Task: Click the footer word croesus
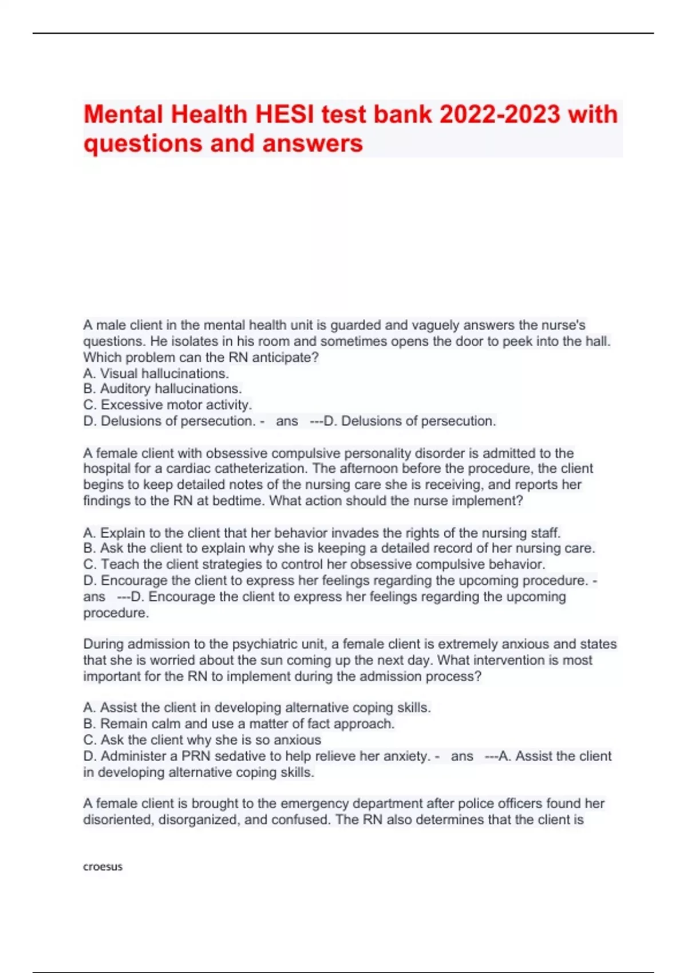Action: (x=103, y=867)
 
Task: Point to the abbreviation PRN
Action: (x=195, y=756)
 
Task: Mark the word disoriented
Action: (x=119, y=820)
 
